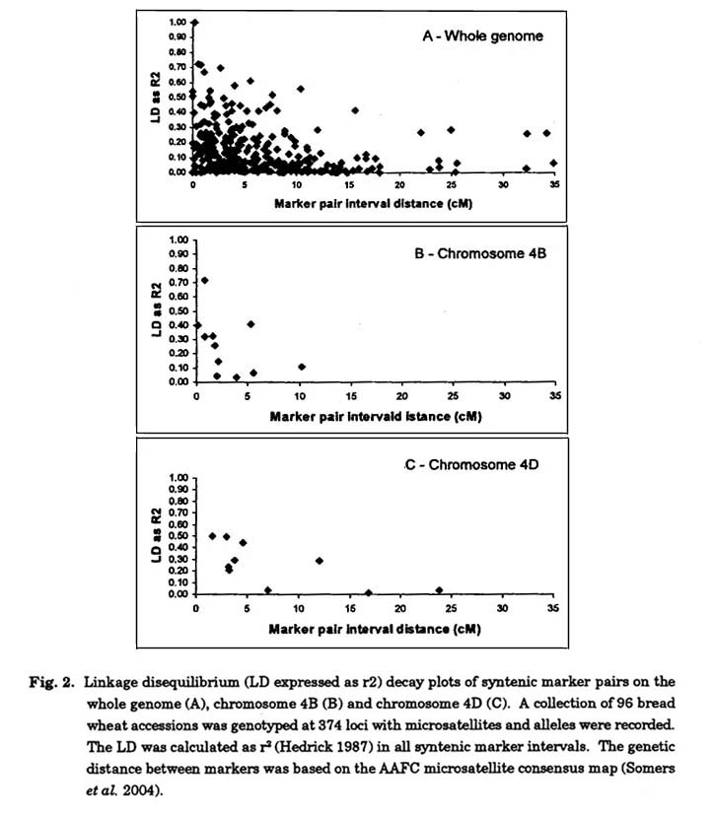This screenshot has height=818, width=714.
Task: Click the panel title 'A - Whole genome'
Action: coord(481,36)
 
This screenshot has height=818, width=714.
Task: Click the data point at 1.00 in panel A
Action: coord(195,22)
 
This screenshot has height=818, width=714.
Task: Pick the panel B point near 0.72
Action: coord(204,280)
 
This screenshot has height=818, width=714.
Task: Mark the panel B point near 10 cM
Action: coord(302,367)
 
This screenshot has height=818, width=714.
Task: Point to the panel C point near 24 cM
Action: coord(440,590)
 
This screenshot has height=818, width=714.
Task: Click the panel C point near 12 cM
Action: coord(319,561)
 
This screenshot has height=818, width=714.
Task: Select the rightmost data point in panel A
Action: coord(553,164)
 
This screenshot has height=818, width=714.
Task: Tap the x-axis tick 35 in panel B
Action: coord(554,396)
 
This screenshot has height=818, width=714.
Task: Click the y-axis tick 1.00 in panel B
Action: coord(178,239)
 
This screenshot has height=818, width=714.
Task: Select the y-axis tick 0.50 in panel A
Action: coord(178,97)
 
